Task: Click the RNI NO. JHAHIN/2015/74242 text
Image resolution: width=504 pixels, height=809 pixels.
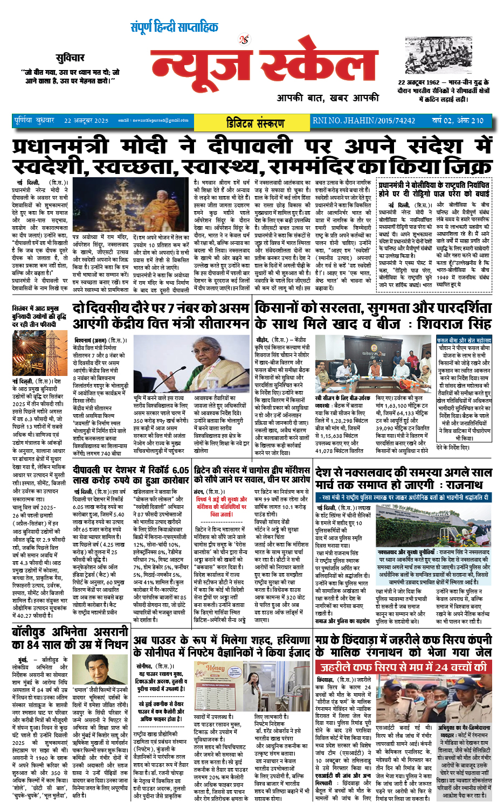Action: tap(364, 121)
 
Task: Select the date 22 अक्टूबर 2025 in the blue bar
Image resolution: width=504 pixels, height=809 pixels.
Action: tap(86, 121)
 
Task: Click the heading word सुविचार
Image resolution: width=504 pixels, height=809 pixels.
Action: tap(70, 58)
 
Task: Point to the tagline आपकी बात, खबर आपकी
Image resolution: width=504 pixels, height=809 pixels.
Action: tap(328, 98)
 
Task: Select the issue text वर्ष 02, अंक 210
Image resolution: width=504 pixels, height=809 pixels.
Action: tap(458, 121)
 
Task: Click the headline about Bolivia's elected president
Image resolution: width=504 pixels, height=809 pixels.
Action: tap(433, 189)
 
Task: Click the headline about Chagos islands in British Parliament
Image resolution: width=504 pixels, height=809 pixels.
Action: tap(252, 475)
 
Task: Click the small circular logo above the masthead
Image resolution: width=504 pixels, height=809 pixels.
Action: tap(244, 39)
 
